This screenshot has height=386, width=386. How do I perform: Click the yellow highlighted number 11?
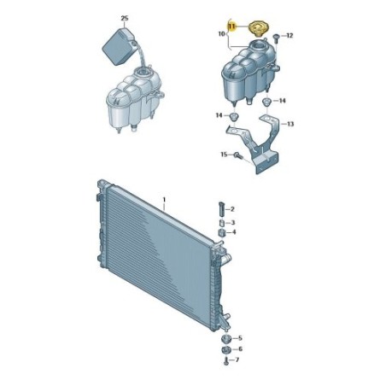pos(232,26)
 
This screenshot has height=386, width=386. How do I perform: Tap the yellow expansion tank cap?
pos(259,29)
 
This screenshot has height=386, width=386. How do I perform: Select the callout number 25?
pos(125,19)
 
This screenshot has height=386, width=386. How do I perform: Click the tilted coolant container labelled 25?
pos(119,46)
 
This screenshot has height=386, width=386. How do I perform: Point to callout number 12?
pos(289,36)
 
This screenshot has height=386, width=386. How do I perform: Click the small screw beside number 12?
pos(276,38)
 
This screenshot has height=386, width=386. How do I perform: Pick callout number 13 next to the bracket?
pos(290,124)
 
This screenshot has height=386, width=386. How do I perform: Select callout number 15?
pos(224,155)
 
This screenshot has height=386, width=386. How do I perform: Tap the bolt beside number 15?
pos(237,155)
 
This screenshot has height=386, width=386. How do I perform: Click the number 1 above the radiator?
pos(164,199)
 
